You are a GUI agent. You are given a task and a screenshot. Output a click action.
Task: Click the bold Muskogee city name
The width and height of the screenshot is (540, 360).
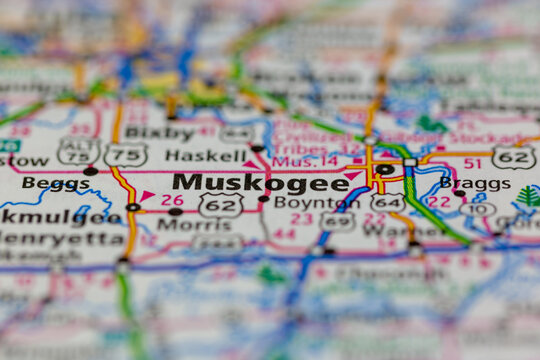[246, 182]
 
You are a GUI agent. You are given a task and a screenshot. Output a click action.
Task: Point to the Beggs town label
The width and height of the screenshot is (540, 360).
[56, 183]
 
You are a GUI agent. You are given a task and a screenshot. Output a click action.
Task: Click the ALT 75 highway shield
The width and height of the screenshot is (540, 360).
[79, 151]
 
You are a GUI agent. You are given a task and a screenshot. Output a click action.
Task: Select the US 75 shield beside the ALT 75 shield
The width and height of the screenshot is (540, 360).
[126, 154]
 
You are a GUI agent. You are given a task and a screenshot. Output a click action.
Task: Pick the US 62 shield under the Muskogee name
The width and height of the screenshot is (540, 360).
[220, 205]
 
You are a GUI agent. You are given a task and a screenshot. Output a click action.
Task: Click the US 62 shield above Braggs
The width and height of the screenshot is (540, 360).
[513, 157]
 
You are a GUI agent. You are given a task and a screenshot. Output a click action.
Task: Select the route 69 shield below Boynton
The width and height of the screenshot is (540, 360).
[336, 222]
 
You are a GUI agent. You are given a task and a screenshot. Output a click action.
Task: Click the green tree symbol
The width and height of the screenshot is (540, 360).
[528, 196]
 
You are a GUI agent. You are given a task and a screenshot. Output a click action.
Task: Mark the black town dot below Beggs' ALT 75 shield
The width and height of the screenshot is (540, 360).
[90, 171]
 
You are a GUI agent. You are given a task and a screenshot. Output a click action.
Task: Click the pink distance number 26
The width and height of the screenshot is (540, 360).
[172, 199]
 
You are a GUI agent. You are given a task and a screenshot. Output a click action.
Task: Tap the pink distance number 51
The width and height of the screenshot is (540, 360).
[472, 163]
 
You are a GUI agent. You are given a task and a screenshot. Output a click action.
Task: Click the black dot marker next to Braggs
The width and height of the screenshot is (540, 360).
[459, 194]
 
